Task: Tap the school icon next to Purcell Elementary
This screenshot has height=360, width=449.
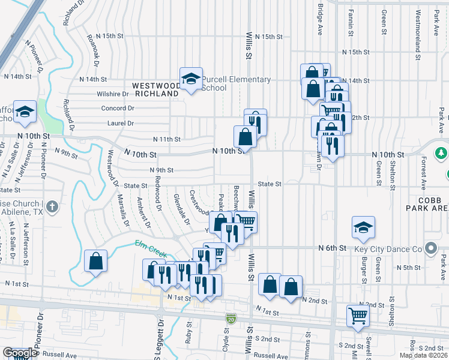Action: tap(191, 79)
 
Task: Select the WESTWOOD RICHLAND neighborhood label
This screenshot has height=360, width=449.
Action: tap(157, 89)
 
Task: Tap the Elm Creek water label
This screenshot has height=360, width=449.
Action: tap(152, 248)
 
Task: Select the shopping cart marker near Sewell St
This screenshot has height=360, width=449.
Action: tap(358, 315)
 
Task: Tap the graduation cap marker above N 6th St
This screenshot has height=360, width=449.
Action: tap(363, 227)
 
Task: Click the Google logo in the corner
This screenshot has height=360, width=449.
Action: tap(20, 353)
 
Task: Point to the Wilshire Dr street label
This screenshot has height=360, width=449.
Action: tap(113, 94)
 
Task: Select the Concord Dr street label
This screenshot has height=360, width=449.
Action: tap(118, 109)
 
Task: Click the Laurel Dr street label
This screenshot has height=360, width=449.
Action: tap(120, 123)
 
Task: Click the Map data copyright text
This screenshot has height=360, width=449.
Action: tap(423, 355)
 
